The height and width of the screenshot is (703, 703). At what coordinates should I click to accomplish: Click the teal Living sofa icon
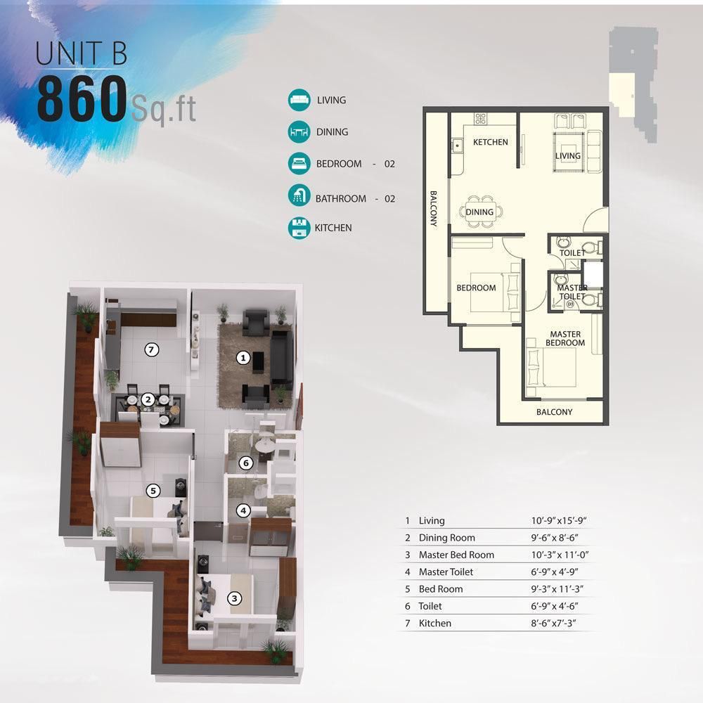[x=299, y=100]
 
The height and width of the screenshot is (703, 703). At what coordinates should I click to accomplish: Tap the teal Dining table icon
[x=299, y=132]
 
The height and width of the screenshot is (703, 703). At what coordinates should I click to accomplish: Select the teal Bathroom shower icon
[x=299, y=195]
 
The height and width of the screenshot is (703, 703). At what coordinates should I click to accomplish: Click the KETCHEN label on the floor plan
[x=491, y=142]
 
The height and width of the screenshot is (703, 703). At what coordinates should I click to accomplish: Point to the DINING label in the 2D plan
[x=479, y=212]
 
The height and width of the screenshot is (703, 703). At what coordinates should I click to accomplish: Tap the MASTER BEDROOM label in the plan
[x=565, y=339]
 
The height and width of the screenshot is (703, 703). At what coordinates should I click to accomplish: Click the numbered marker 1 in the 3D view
[x=243, y=357]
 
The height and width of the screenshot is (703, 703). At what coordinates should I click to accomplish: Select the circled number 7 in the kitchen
[x=152, y=349]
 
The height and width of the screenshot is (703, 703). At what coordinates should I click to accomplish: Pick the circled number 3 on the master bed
[x=235, y=598]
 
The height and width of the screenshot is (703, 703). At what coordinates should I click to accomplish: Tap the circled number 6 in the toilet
[x=245, y=463]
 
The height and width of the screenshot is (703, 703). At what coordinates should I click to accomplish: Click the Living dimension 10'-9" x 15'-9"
[x=559, y=520]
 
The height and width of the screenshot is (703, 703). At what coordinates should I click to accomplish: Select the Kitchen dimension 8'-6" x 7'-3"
[x=554, y=623]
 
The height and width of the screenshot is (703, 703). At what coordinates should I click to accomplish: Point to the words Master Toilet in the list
[x=446, y=572]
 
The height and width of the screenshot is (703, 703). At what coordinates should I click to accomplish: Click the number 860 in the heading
[x=82, y=98]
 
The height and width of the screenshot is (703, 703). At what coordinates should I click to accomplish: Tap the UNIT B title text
[x=81, y=53]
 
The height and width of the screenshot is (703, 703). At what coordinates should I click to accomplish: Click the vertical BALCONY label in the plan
[x=434, y=208]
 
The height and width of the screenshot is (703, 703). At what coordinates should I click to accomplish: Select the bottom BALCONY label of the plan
[x=554, y=412]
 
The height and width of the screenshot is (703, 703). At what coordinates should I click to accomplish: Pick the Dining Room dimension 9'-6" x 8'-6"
[x=555, y=538]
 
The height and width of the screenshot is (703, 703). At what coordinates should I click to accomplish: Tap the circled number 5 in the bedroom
[x=153, y=491]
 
